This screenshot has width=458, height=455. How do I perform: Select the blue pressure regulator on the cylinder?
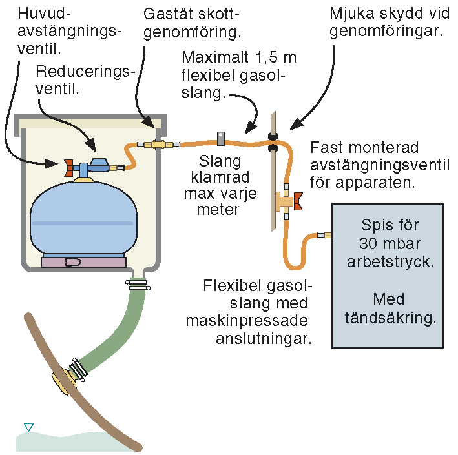[x=100, y=166]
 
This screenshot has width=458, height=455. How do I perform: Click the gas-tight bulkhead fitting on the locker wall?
[x=157, y=145]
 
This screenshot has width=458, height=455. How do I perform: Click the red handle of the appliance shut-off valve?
[x=298, y=202]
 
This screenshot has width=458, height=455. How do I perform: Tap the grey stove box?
[x=387, y=275]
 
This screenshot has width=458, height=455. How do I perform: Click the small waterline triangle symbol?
[x=28, y=427]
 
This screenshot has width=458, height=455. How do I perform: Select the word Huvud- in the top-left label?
[x=41, y=13]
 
